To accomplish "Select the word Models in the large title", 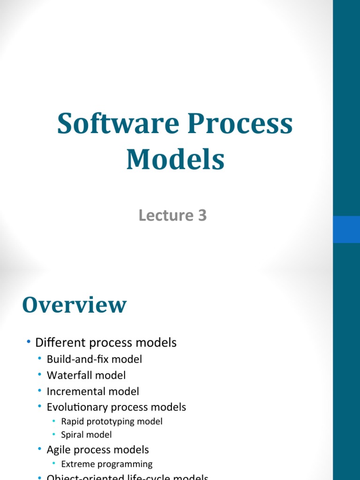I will point(175,159).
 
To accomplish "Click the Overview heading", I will point(74,305).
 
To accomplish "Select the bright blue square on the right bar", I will point(346,229).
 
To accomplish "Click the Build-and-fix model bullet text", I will point(94,360).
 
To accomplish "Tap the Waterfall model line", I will point(86,375).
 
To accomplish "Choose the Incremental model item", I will point(93,391).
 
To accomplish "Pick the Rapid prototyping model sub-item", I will point(112,421).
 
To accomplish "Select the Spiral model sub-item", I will point(86,435).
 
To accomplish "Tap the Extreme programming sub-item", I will point(107,464).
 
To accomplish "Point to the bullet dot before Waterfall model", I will point(40,375).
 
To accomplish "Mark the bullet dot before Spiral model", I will point(54,435).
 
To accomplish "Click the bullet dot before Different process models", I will point(29,342).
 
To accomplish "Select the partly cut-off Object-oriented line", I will point(127,477).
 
